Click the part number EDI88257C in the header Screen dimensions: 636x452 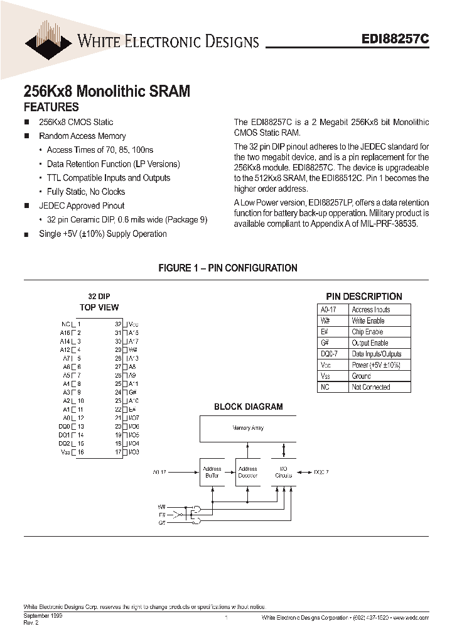pyautogui.click(x=395, y=38)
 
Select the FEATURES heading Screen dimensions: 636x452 pyautogui.click(x=51, y=107)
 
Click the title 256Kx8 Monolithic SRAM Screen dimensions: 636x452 pyautogui.click(x=106, y=91)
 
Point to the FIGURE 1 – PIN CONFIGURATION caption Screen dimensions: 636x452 pyautogui.click(x=227, y=268)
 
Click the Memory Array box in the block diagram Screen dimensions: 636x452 pyautogui.click(x=248, y=428)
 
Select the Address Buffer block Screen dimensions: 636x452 pyautogui.click(x=212, y=472)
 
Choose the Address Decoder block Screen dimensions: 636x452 pyautogui.click(x=247, y=472)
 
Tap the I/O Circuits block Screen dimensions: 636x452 pyautogui.click(x=284, y=472)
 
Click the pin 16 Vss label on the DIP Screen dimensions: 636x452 pyautogui.click(x=65, y=452)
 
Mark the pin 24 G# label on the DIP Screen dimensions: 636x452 pyautogui.click(x=132, y=392)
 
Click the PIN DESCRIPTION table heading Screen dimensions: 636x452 pyautogui.click(x=363, y=297)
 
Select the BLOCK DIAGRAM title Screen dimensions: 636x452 pyautogui.click(x=248, y=407)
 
